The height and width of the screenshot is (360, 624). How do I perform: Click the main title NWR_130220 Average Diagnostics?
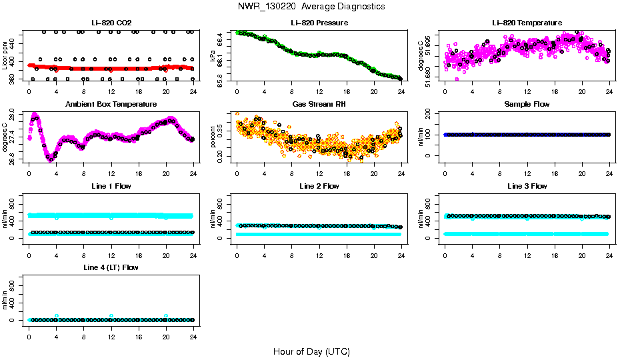click(x=311, y=7)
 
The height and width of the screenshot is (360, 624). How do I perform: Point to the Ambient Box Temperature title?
click(x=111, y=104)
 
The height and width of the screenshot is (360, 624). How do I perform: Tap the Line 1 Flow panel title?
click(x=111, y=186)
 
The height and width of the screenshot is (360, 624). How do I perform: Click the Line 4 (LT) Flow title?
click(x=111, y=267)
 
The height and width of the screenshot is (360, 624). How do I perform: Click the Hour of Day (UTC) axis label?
click(x=311, y=351)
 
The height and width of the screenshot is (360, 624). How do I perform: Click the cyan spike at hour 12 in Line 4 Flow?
click(x=111, y=315)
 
